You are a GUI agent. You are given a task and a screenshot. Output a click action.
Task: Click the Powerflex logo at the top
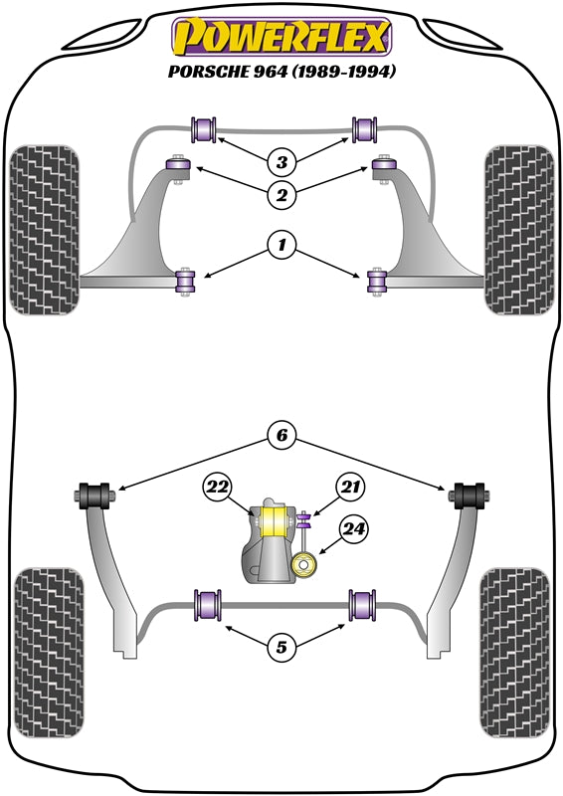(281, 37)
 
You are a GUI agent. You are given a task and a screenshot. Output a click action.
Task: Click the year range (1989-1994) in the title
(343, 71)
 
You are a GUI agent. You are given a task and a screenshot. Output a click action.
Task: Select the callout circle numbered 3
(281, 162)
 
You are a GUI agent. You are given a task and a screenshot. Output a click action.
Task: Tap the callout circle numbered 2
(281, 194)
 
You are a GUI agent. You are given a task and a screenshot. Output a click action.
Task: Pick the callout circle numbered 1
(281, 246)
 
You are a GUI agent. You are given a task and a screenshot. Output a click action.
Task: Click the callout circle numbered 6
(281, 435)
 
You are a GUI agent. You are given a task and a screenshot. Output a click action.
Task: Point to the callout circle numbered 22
(217, 488)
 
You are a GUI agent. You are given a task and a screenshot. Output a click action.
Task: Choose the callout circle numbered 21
(349, 488)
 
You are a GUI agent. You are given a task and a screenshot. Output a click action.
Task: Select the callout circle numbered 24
(354, 529)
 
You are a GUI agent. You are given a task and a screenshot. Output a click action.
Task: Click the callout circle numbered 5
(281, 648)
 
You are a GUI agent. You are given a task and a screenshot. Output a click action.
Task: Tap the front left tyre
(45, 230)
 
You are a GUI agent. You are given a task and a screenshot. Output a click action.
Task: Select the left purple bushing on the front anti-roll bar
(204, 129)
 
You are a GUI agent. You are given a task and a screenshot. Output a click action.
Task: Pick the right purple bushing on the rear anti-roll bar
(362, 605)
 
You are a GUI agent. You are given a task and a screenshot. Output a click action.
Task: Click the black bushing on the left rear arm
(94, 496)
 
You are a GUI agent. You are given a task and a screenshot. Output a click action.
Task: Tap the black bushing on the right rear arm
(469, 496)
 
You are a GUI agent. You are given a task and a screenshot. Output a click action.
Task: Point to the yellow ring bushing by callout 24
(304, 565)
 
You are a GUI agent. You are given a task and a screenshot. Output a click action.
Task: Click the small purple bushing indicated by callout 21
(303, 520)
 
